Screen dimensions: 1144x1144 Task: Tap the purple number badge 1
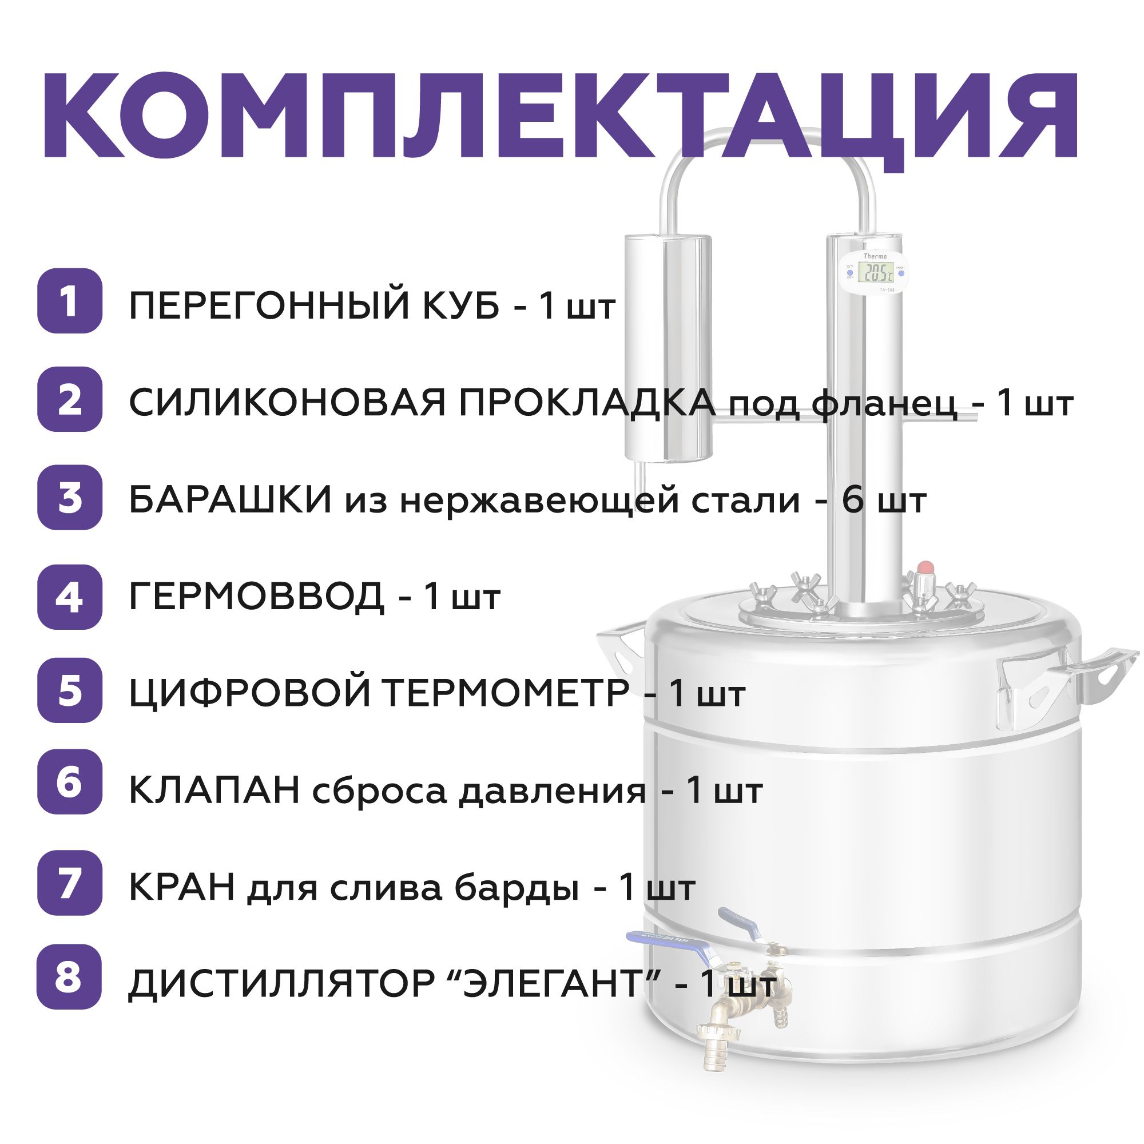click(x=70, y=301)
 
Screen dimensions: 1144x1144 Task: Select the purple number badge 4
click(x=70, y=597)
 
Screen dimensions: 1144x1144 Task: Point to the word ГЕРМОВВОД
click(x=256, y=597)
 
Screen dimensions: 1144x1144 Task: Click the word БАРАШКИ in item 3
click(x=231, y=501)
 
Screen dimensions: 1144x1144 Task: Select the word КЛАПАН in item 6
click(x=214, y=791)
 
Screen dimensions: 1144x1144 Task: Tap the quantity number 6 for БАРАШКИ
click(x=853, y=501)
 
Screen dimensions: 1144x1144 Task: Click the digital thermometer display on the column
click(x=877, y=273)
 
